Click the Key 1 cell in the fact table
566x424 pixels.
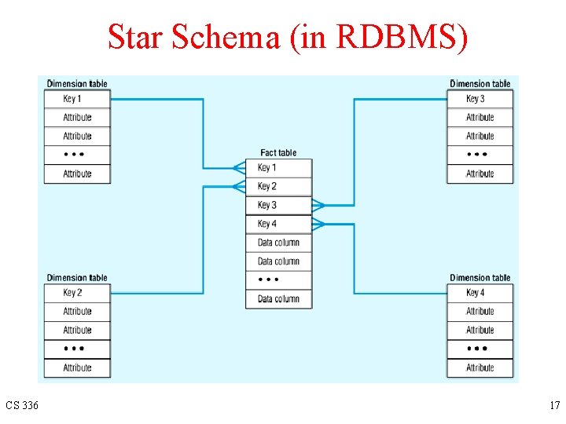pos(278,167)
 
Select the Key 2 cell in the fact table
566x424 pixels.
pos(278,186)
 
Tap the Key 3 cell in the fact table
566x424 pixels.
pos(278,205)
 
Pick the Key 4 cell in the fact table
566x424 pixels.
pos(278,224)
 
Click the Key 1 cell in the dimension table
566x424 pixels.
pos(77,99)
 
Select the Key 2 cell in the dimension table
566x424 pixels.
pos(77,293)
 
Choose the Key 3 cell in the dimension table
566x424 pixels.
pos(480,99)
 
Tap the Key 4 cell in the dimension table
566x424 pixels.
pos(480,293)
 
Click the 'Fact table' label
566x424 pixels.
pos(278,152)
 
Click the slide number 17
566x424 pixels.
pos(554,406)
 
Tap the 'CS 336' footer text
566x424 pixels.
pos(21,406)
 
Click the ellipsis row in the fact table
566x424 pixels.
pos(278,280)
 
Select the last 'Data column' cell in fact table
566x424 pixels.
pos(278,298)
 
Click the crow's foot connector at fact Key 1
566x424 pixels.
pos(239,167)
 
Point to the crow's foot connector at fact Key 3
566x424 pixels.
pos(318,206)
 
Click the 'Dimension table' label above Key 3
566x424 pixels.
pos(480,84)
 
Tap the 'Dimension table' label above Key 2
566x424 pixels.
pos(77,278)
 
